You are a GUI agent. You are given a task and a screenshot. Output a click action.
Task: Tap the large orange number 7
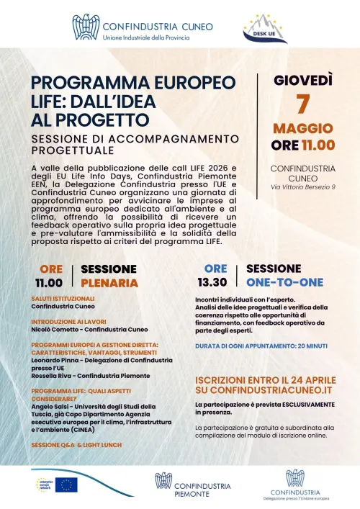pos(302,104)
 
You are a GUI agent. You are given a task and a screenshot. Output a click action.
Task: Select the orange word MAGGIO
pos(302,128)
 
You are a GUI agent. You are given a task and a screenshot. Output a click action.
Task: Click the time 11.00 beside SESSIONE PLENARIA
pos(50,283)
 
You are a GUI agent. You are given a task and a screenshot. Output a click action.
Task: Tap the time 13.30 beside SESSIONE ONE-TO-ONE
pos(215,283)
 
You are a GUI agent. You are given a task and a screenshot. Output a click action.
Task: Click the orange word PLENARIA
pos(109,283)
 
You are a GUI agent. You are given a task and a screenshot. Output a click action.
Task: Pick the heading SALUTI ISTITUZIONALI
pos(63,298)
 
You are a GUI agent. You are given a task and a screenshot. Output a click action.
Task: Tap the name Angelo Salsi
pos(53,407)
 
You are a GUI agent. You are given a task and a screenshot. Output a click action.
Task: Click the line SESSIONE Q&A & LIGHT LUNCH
pos(76,445)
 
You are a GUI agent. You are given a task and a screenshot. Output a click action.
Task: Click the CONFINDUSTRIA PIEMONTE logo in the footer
pos(193,485)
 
